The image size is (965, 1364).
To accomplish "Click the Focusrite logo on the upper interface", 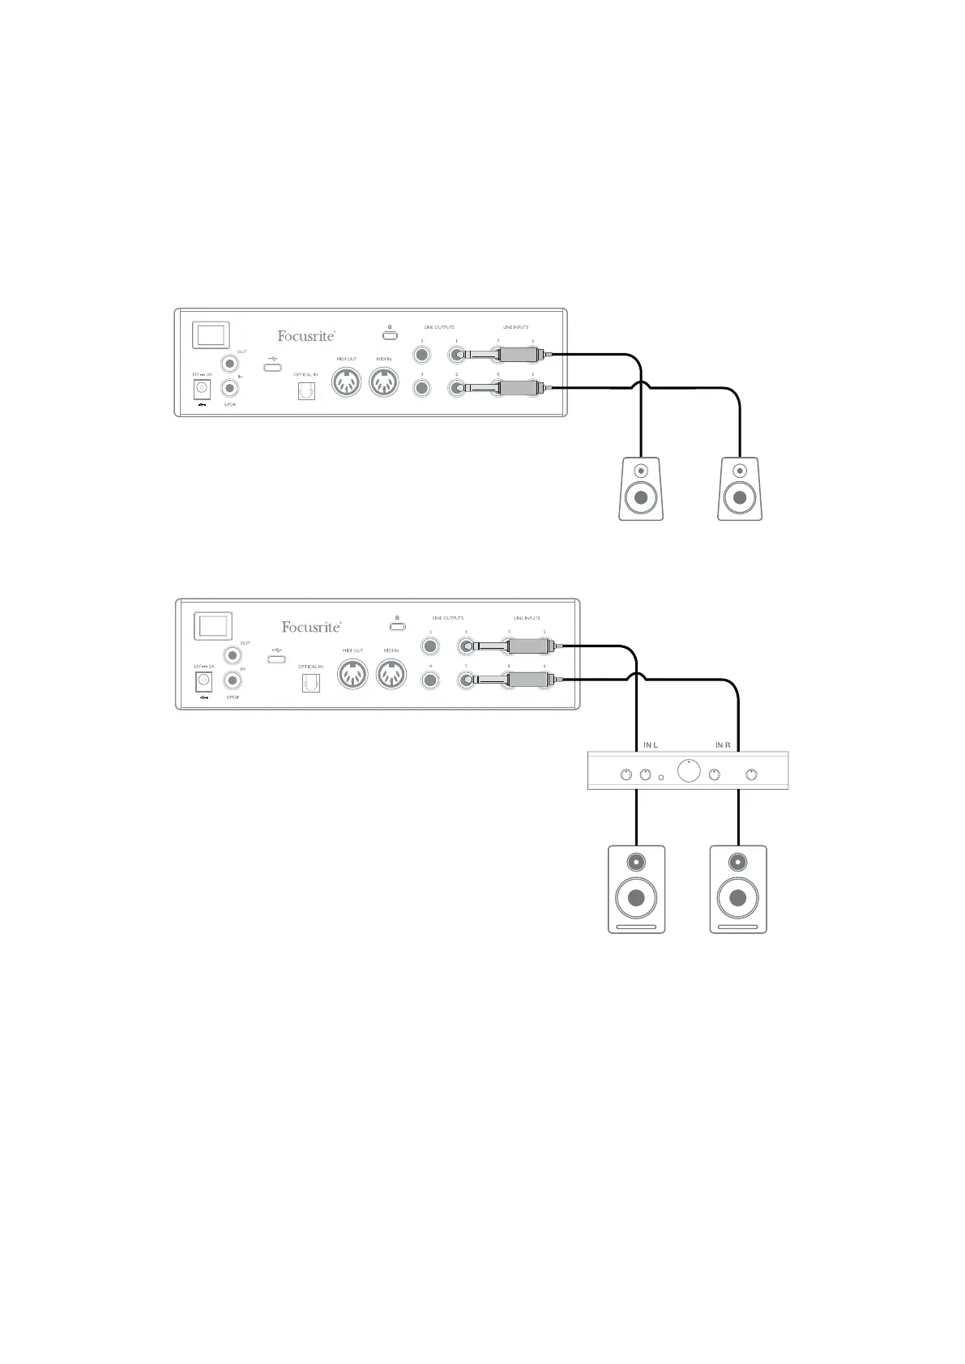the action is (306, 335).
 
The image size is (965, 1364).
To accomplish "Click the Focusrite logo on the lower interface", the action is (311, 626).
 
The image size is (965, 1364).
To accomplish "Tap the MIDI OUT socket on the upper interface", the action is (347, 383).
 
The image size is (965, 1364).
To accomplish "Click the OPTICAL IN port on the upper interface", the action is (306, 391).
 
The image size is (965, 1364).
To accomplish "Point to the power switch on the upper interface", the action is (211, 335).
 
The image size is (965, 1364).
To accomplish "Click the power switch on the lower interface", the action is (214, 626).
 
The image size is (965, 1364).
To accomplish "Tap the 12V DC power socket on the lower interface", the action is (203, 680).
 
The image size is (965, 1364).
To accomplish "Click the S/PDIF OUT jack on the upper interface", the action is (231, 364).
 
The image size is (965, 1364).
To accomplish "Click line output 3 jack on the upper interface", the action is (421, 355).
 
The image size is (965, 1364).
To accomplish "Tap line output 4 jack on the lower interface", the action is (430, 680).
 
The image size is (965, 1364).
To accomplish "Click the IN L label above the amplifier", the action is (650, 744).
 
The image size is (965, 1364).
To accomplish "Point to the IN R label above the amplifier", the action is (724, 744).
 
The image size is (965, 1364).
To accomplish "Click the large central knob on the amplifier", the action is (689, 771).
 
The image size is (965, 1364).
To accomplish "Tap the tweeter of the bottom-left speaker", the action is (636, 861).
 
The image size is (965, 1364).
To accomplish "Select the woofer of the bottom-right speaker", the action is (737, 897).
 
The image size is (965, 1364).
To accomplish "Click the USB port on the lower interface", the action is (276, 659).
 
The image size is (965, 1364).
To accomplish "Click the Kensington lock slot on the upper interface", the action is (390, 335).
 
